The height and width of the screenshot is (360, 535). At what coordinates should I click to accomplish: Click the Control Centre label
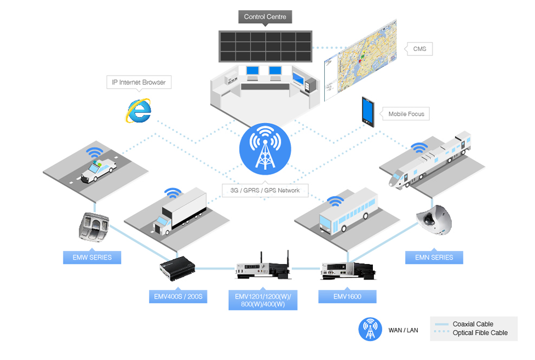point(265,17)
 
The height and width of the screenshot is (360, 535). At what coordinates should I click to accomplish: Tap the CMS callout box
point(419,49)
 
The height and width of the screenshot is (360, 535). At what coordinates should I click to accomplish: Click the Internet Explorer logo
point(139,111)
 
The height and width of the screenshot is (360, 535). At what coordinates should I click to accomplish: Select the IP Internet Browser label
point(139,82)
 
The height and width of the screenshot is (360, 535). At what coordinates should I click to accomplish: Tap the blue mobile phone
point(368,112)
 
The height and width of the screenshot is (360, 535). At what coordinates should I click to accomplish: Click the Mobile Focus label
point(406,114)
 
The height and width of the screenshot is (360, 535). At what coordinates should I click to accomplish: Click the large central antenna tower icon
point(265,149)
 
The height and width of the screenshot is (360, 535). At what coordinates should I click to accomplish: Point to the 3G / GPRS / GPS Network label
point(265,190)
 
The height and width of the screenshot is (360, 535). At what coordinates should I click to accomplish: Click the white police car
point(98,169)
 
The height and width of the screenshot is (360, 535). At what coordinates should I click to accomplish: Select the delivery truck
point(180,212)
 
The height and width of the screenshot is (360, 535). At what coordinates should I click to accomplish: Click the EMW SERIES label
point(92,258)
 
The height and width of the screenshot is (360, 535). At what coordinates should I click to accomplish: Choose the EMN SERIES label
point(434,258)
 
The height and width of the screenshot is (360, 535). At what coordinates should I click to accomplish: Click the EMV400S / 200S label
point(178,296)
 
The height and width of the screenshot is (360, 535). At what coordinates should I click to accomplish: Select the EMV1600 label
point(347,296)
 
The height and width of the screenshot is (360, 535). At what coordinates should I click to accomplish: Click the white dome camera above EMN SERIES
point(434,220)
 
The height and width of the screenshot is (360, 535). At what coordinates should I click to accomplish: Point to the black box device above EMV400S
point(177,268)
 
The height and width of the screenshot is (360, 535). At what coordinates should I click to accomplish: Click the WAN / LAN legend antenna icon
point(370,329)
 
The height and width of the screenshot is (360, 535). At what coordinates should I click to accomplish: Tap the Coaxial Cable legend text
point(473,324)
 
